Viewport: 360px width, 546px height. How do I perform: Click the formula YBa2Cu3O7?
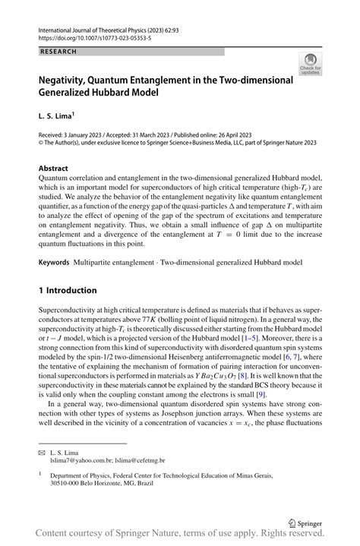(201, 375)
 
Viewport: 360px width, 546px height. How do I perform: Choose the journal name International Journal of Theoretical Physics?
(103, 27)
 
